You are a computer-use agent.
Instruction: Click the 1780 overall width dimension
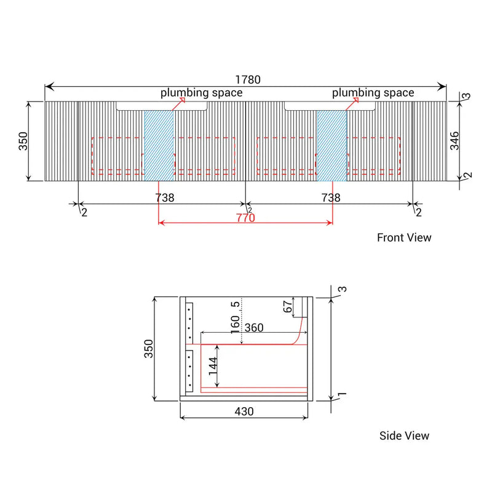point(248,80)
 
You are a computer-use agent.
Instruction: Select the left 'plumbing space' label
point(201,93)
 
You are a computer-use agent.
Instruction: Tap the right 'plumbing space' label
point(373,93)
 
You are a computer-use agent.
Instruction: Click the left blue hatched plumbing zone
point(159,145)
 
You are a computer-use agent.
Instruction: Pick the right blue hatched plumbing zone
point(332,145)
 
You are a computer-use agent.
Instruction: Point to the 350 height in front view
point(21,142)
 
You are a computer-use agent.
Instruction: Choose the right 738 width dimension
point(331,198)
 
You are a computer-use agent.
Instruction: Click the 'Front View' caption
point(404,237)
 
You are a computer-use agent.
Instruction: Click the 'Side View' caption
point(404,436)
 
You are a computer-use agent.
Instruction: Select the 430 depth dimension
point(244,411)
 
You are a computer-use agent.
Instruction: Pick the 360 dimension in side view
point(253,328)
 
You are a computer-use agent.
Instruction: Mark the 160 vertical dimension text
point(236,323)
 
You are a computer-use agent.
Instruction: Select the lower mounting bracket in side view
point(189,370)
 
